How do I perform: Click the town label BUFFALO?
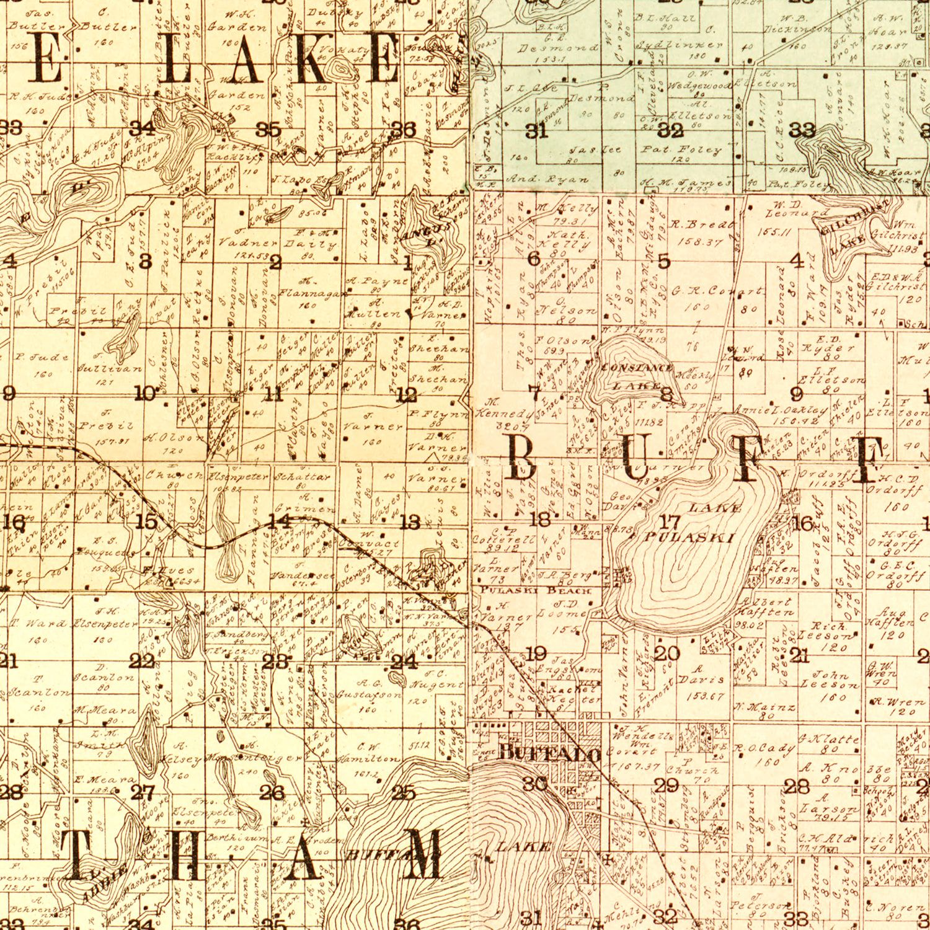click(549, 753)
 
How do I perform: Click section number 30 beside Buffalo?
click(535, 784)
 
